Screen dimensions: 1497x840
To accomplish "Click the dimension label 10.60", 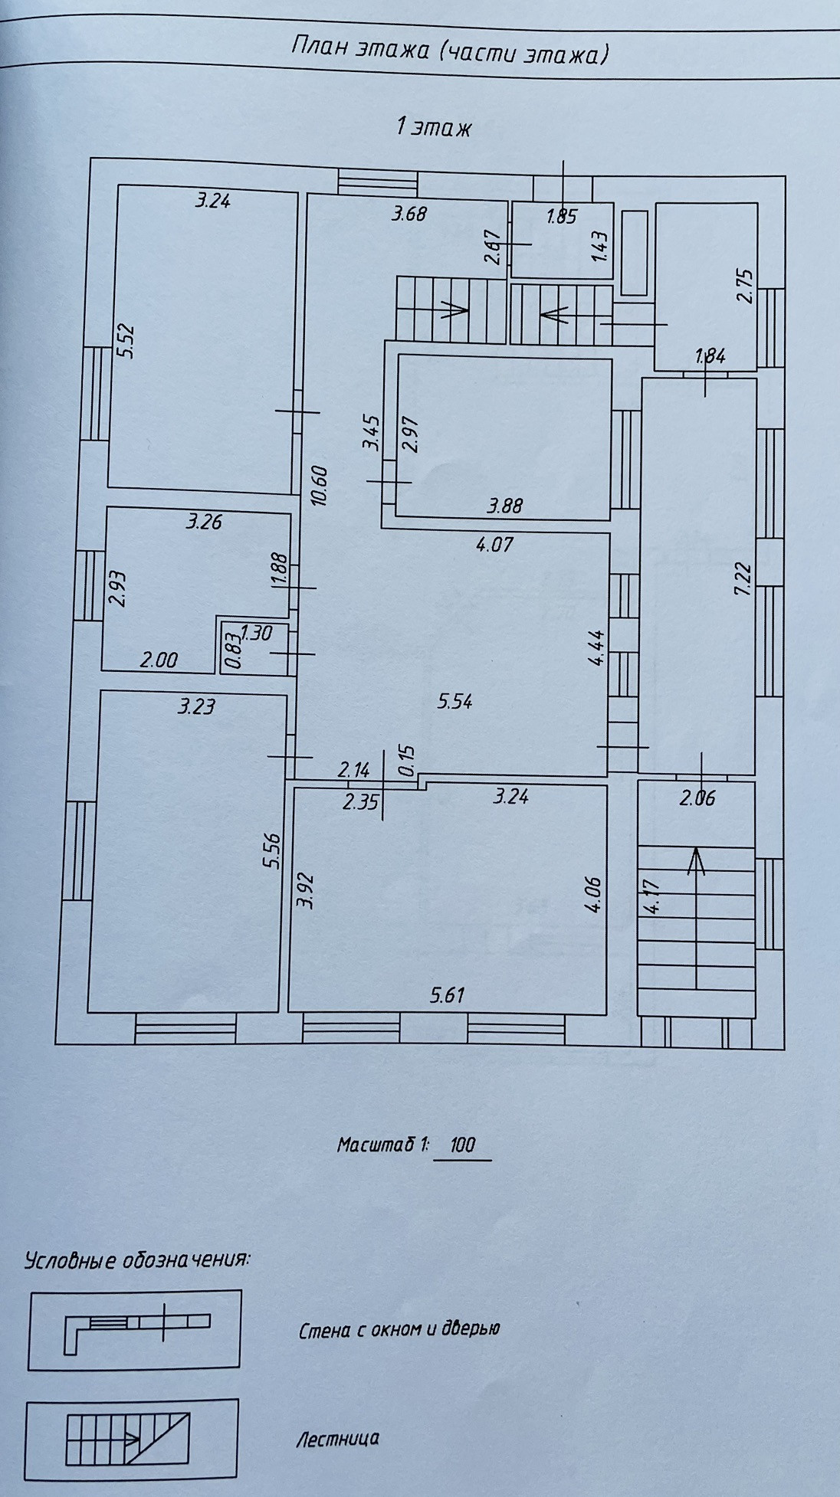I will click(320, 486).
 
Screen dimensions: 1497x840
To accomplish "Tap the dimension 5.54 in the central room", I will click(454, 701).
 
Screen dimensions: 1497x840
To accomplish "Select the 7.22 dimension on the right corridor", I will click(743, 578).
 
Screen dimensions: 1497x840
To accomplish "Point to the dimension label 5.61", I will click(448, 995).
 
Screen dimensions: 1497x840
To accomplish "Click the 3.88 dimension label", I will click(505, 506).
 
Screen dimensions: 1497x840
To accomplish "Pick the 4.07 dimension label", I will click(494, 545).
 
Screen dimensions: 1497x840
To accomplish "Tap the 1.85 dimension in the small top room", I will click(561, 217).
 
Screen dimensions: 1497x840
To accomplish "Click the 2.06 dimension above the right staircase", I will click(697, 798).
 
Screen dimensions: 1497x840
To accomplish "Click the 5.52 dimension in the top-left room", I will click(126, 342).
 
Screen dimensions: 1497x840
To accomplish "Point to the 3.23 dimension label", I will click(196, 706).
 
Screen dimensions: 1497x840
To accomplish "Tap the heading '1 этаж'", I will click(434, 126).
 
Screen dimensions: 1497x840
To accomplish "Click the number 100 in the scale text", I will click(462, 1145).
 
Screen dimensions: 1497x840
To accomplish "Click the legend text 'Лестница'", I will click(337, 1439).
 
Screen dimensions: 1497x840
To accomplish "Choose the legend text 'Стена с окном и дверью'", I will click(399, 1329).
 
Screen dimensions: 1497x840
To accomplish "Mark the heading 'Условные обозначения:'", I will click(138, 1260).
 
